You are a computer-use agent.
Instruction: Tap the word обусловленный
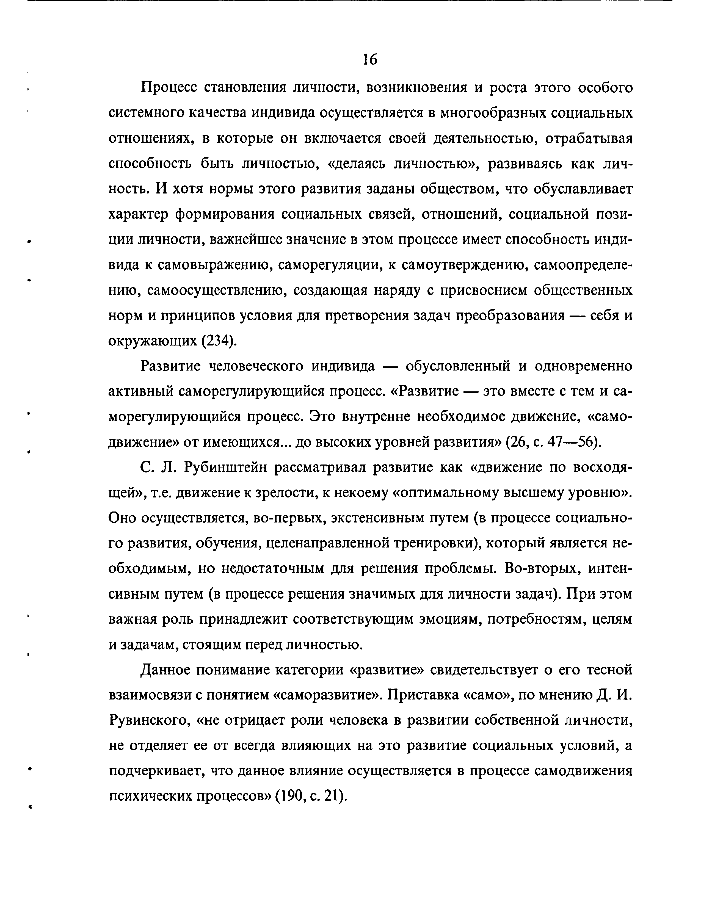(458, 366)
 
